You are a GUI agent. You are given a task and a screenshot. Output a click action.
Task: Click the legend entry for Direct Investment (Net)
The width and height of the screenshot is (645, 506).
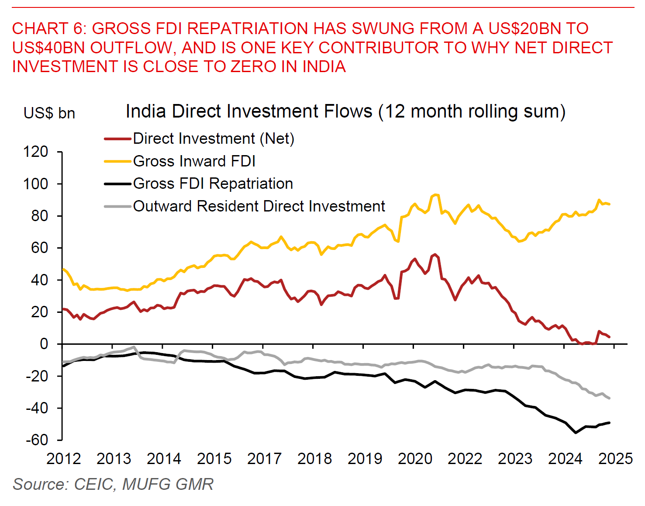(x=213, y=139)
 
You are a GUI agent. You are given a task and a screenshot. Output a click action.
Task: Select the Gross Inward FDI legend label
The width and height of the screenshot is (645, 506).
(x=194, y=161)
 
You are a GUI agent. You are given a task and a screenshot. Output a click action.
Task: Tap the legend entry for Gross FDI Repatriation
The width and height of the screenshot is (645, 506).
(x=213, y=184)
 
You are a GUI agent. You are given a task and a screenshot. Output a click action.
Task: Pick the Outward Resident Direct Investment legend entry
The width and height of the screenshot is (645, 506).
(x=259, y=206)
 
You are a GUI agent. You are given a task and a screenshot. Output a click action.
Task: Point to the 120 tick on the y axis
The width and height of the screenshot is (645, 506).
(x=35, y=152)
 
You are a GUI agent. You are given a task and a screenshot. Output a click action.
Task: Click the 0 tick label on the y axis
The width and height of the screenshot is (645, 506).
(x=44, y=344)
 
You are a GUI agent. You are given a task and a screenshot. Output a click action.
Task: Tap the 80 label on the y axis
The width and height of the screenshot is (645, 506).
(x=39, y=216)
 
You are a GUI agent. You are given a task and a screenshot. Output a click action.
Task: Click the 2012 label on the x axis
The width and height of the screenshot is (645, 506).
(x=63, y=459)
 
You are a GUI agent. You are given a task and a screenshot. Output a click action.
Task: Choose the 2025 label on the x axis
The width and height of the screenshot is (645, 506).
(x=615, y=459)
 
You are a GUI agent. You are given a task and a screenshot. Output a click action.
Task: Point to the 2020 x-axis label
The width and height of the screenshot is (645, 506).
(x=415, y=459)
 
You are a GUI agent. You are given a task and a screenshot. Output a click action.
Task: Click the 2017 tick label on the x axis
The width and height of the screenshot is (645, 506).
(x=264, y=459)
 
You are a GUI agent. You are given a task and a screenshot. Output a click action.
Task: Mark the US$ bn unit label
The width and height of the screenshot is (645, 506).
(x=49, y=113)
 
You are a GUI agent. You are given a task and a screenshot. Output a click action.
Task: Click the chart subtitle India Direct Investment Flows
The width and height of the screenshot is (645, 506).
(x=345, y=111)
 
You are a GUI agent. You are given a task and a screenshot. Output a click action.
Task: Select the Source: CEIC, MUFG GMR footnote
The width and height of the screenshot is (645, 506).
(x=113, y=484)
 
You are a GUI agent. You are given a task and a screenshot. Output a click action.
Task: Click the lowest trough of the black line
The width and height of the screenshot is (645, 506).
(x=576, y=433)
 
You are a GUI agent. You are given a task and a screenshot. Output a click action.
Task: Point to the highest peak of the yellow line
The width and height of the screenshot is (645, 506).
(x=435, y=194)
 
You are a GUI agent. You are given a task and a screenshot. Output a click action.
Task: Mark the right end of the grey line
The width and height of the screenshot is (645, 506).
(x=609, y=398)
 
